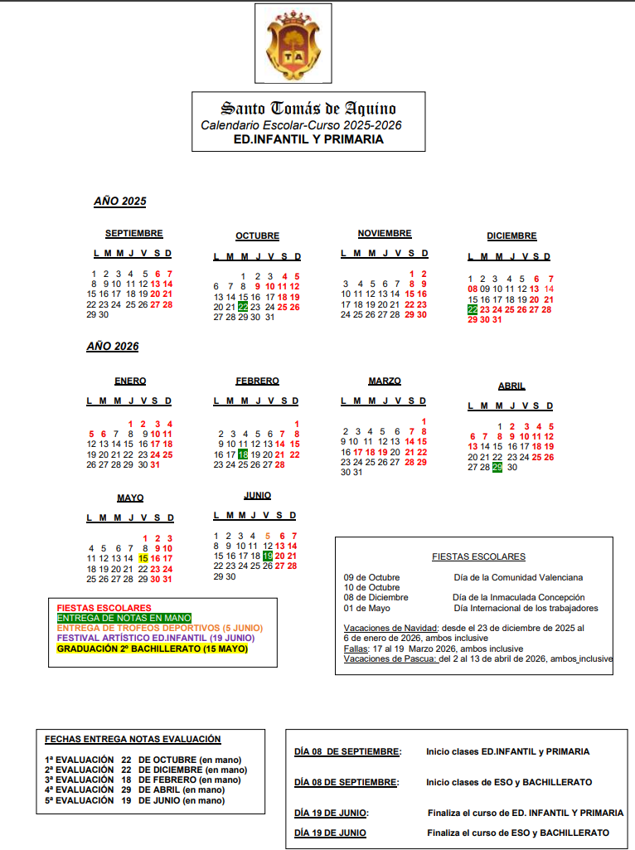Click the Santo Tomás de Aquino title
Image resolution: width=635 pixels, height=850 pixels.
pyautogui.click(x=308, y=109)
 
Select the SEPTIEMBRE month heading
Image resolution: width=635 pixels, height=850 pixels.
pyautogui.click(x=133, y=234)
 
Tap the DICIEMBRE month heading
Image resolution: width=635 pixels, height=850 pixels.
pyautogui.click(x=511, y=236)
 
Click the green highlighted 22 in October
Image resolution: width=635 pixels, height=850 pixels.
pyautogui.click(x=243, y=307)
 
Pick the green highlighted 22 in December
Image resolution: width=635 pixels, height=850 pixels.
pyautogui.click(x=473, y=309)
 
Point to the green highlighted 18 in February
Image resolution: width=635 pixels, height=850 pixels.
pyautogui.click(x=243, y=454)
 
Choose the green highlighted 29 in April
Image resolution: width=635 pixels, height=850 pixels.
pyautogui.click(x=497, y=468)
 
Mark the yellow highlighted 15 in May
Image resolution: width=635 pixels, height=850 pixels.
pyautogui.click(x=143, y=558)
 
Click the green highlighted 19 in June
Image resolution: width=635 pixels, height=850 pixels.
pyautogui.click(x=267, y=556)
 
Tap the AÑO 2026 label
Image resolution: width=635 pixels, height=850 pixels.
pyautogui.click(x=113, y=347)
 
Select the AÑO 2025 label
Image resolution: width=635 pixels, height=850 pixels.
pyautogui.click(x=119, y=202)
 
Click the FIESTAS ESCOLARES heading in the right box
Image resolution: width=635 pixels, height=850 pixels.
pyautogui.click(x=478, y=557)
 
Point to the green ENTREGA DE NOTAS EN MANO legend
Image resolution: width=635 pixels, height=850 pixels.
pyautogui.click(x=124, y=618)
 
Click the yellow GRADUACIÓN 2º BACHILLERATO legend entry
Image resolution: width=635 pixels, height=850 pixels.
pyautogui.click(x=152, y=648)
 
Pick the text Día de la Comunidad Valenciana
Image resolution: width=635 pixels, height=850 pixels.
pyautogui.click(x=518, y=577)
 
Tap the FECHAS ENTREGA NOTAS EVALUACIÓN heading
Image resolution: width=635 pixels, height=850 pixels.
pyautogui.click(x=133, y=739)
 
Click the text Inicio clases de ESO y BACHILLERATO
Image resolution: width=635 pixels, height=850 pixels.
pyautogui.click(x=509, y=782)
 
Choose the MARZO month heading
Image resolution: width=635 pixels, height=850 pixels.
pyautogui.click(x=385, y=381)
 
